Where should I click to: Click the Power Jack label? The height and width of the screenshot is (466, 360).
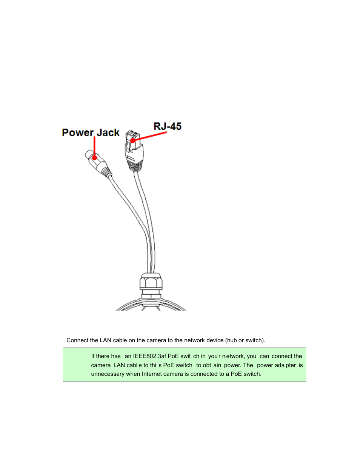coord(91,133)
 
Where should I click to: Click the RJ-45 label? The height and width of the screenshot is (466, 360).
coord(168,126)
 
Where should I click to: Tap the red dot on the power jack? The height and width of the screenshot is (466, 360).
coord(94,157)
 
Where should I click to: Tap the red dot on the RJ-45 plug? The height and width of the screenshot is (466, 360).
coord(133,140)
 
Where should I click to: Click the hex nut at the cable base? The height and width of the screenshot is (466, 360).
coord(151,283)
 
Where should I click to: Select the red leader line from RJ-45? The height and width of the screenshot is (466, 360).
coord(151,136)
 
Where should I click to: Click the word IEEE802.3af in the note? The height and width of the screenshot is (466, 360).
coord(149,356)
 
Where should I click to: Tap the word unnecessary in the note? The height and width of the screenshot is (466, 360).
coord(108,374)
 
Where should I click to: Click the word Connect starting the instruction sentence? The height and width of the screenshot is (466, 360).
coord(77,340)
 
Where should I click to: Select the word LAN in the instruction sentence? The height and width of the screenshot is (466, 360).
coord(105,340)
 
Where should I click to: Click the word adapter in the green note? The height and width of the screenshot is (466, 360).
coord(286,365)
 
